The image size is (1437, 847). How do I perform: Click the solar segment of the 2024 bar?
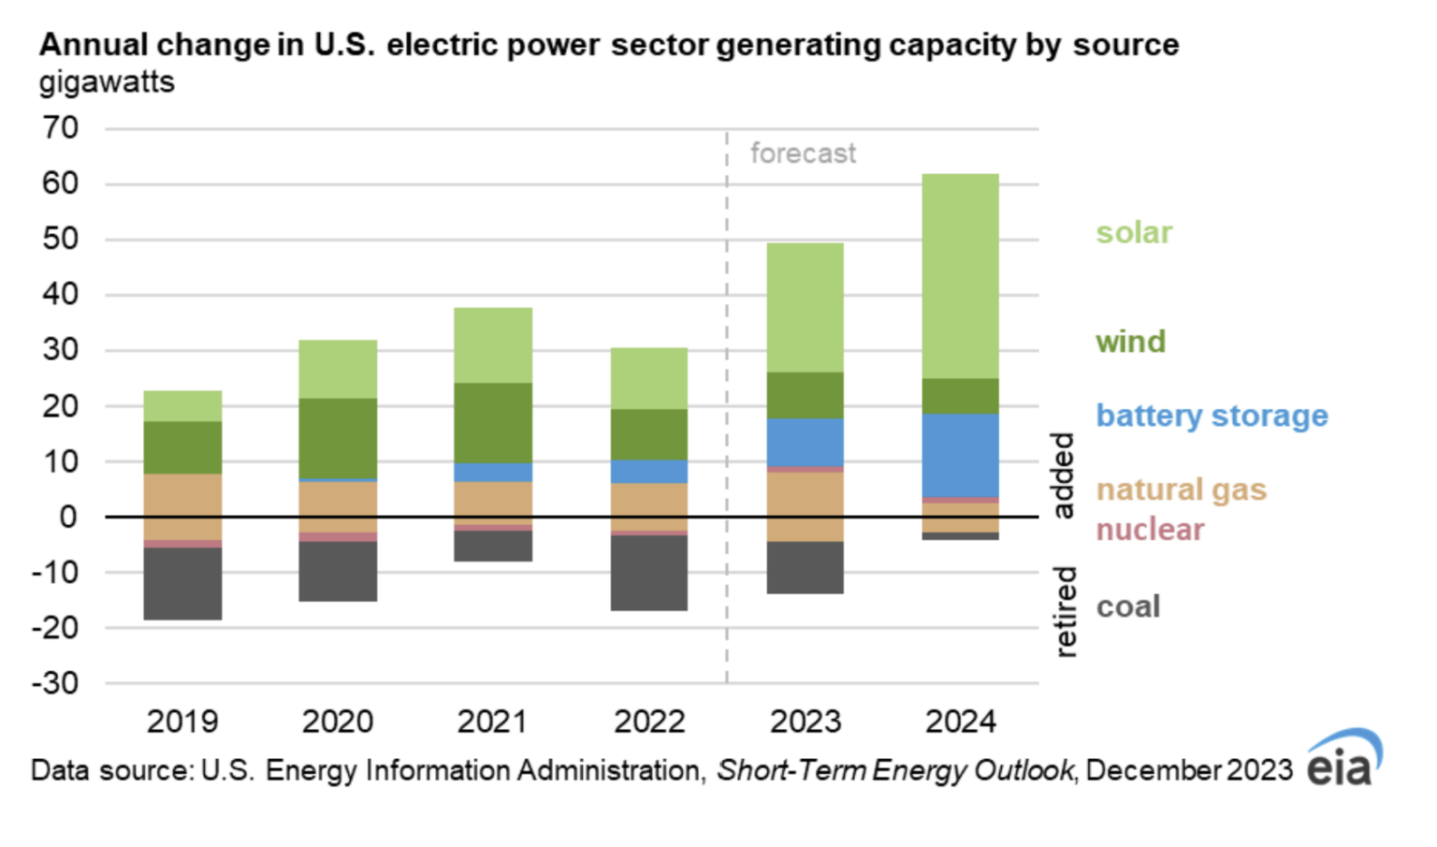(960, 276)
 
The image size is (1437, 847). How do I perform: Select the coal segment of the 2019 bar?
(182, 583)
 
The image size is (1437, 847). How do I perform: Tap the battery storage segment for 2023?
(805, 442)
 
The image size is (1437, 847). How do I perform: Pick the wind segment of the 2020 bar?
(338, 438)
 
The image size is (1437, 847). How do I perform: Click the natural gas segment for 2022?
(649, 506)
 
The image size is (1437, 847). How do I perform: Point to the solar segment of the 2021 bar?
(493, 344)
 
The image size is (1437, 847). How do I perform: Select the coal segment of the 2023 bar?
(805, 567)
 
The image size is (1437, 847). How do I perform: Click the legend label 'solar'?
(1133, 232)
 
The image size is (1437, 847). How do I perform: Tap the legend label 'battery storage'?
(1211, 415)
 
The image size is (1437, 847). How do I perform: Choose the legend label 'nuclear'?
(1149, 530)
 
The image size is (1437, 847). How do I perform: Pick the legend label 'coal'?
(1127, 606)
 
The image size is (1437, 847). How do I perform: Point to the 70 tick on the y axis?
(60, 128)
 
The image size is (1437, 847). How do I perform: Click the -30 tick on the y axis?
(55, 683)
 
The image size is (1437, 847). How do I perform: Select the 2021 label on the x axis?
(493, 722)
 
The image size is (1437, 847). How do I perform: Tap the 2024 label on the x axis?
(960, 722)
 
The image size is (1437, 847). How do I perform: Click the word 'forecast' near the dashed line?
(803, 153)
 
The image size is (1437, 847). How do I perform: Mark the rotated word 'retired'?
(1065, 611)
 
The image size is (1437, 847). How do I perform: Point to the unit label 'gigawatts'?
(107, 82)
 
